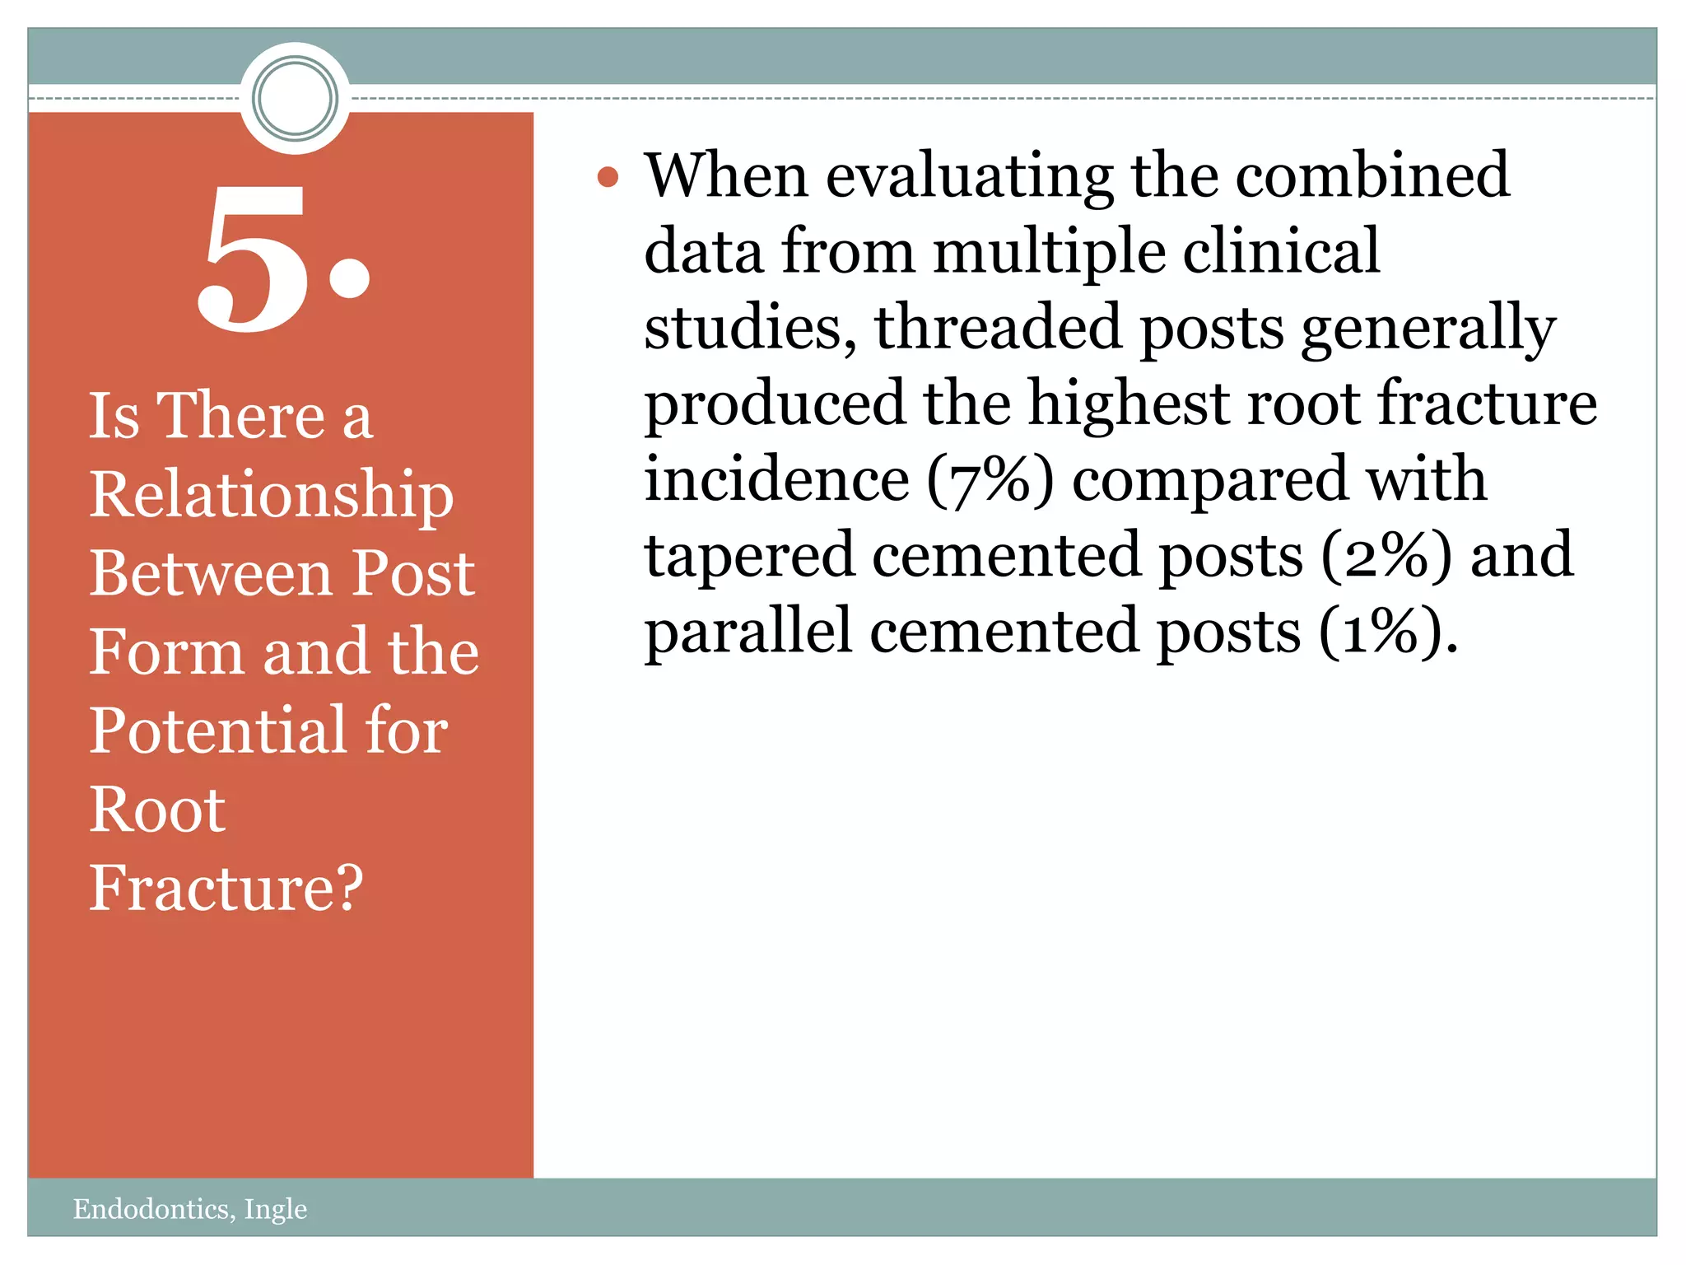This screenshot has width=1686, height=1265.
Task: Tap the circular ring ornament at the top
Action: (x=295, y=98)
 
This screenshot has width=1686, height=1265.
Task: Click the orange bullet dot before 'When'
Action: (x=608, y=177)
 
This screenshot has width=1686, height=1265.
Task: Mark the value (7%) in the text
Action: (x=990, y=479)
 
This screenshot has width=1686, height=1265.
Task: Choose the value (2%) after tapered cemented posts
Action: (x=1386, y=556)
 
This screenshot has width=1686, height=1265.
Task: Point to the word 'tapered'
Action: (x=749, y=556)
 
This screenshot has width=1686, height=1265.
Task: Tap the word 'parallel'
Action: (x=748, y=632)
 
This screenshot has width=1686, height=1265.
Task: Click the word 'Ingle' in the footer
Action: (x=276, y=1208)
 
